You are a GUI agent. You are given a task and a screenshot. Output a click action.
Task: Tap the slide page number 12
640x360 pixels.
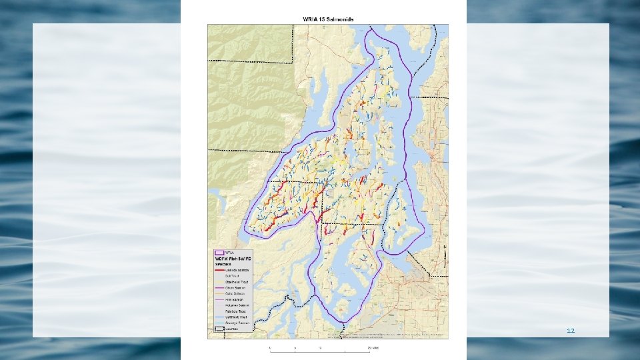(x=570, y=331)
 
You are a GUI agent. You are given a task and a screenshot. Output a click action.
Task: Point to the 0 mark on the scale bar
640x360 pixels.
(x=270, y=347)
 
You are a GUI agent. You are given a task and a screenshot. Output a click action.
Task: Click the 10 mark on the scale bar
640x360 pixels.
(x=320, y=347)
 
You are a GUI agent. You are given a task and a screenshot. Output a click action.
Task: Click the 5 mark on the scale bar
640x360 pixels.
(x=295, y=347)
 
